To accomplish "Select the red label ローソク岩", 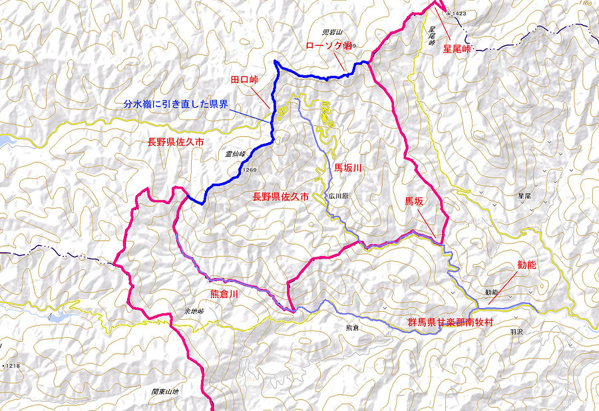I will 327,46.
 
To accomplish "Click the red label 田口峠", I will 244,80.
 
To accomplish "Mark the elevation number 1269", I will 250,170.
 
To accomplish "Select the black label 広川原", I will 339,197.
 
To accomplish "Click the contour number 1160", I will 585,4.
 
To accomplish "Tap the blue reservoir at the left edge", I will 5,141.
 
